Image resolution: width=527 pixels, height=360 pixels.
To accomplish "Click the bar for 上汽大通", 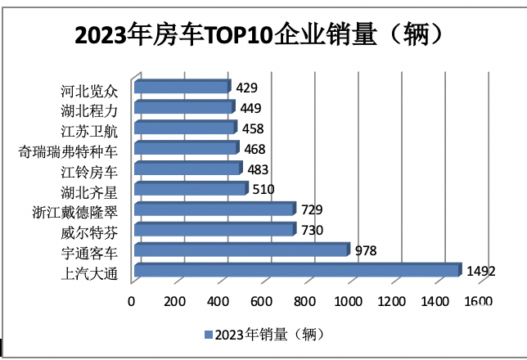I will point(296,271).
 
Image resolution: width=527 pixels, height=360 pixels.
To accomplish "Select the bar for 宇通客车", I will point(241,250).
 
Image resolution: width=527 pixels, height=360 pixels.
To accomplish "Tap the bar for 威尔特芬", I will point(214,230).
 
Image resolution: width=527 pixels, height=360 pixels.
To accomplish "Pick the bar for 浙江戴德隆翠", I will point(214,209).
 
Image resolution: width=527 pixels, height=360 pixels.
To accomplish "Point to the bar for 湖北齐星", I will point(190,189).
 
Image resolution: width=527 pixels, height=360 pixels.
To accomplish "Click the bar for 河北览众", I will point(182,87).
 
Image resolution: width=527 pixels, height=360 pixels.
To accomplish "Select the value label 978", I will point(365,250).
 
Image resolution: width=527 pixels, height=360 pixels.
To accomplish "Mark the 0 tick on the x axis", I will point(132,301).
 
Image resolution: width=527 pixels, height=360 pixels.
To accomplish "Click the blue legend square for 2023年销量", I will point(208,334).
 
